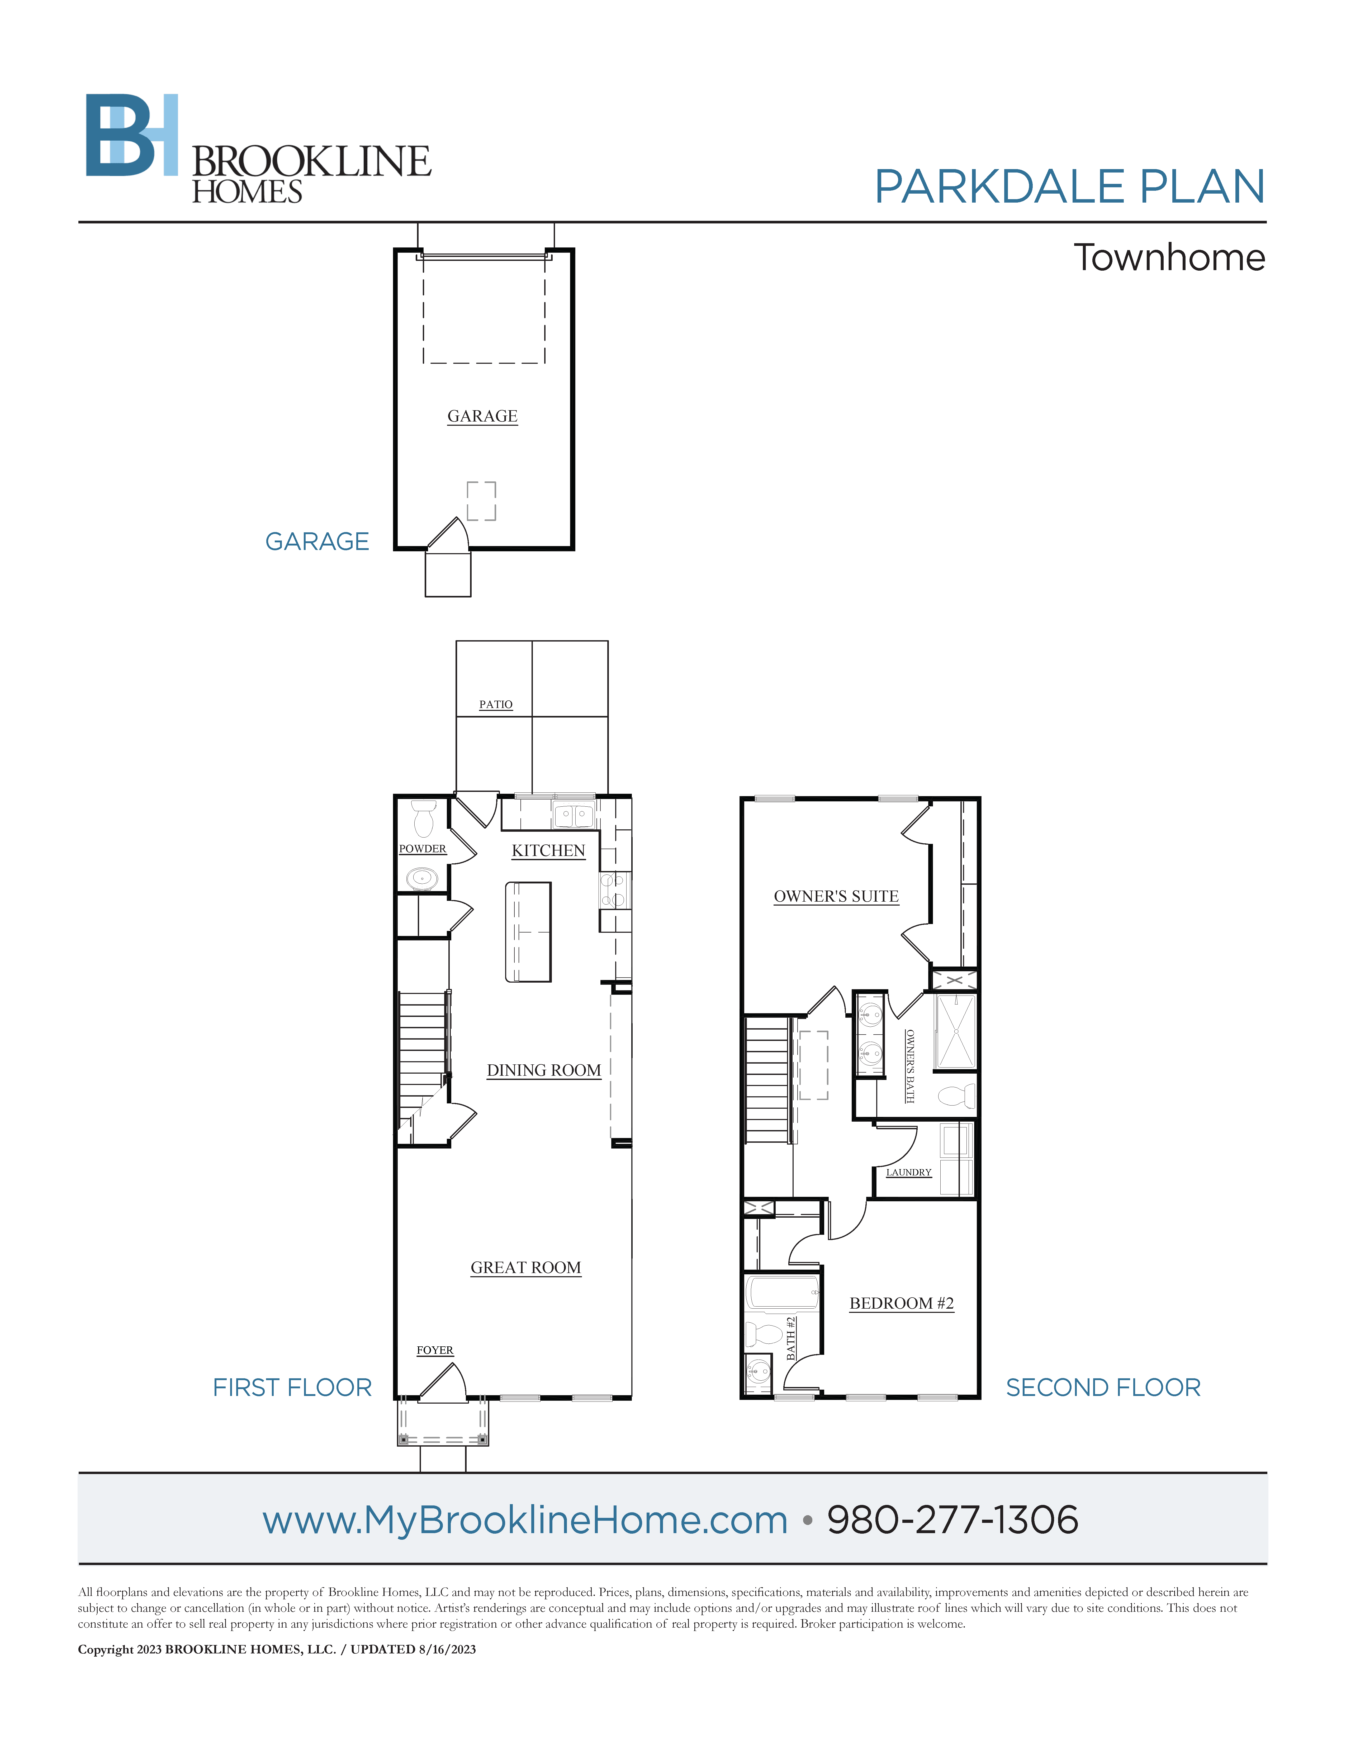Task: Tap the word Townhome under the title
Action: coord(1169,257)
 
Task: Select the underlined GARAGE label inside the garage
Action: coord(482,416)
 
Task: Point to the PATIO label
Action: coord(495,705)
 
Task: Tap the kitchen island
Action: coord(528,931)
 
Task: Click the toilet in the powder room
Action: coord(423,819)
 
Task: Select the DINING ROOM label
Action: coord(544,1071)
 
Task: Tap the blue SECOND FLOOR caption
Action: coord(1103,1388)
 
